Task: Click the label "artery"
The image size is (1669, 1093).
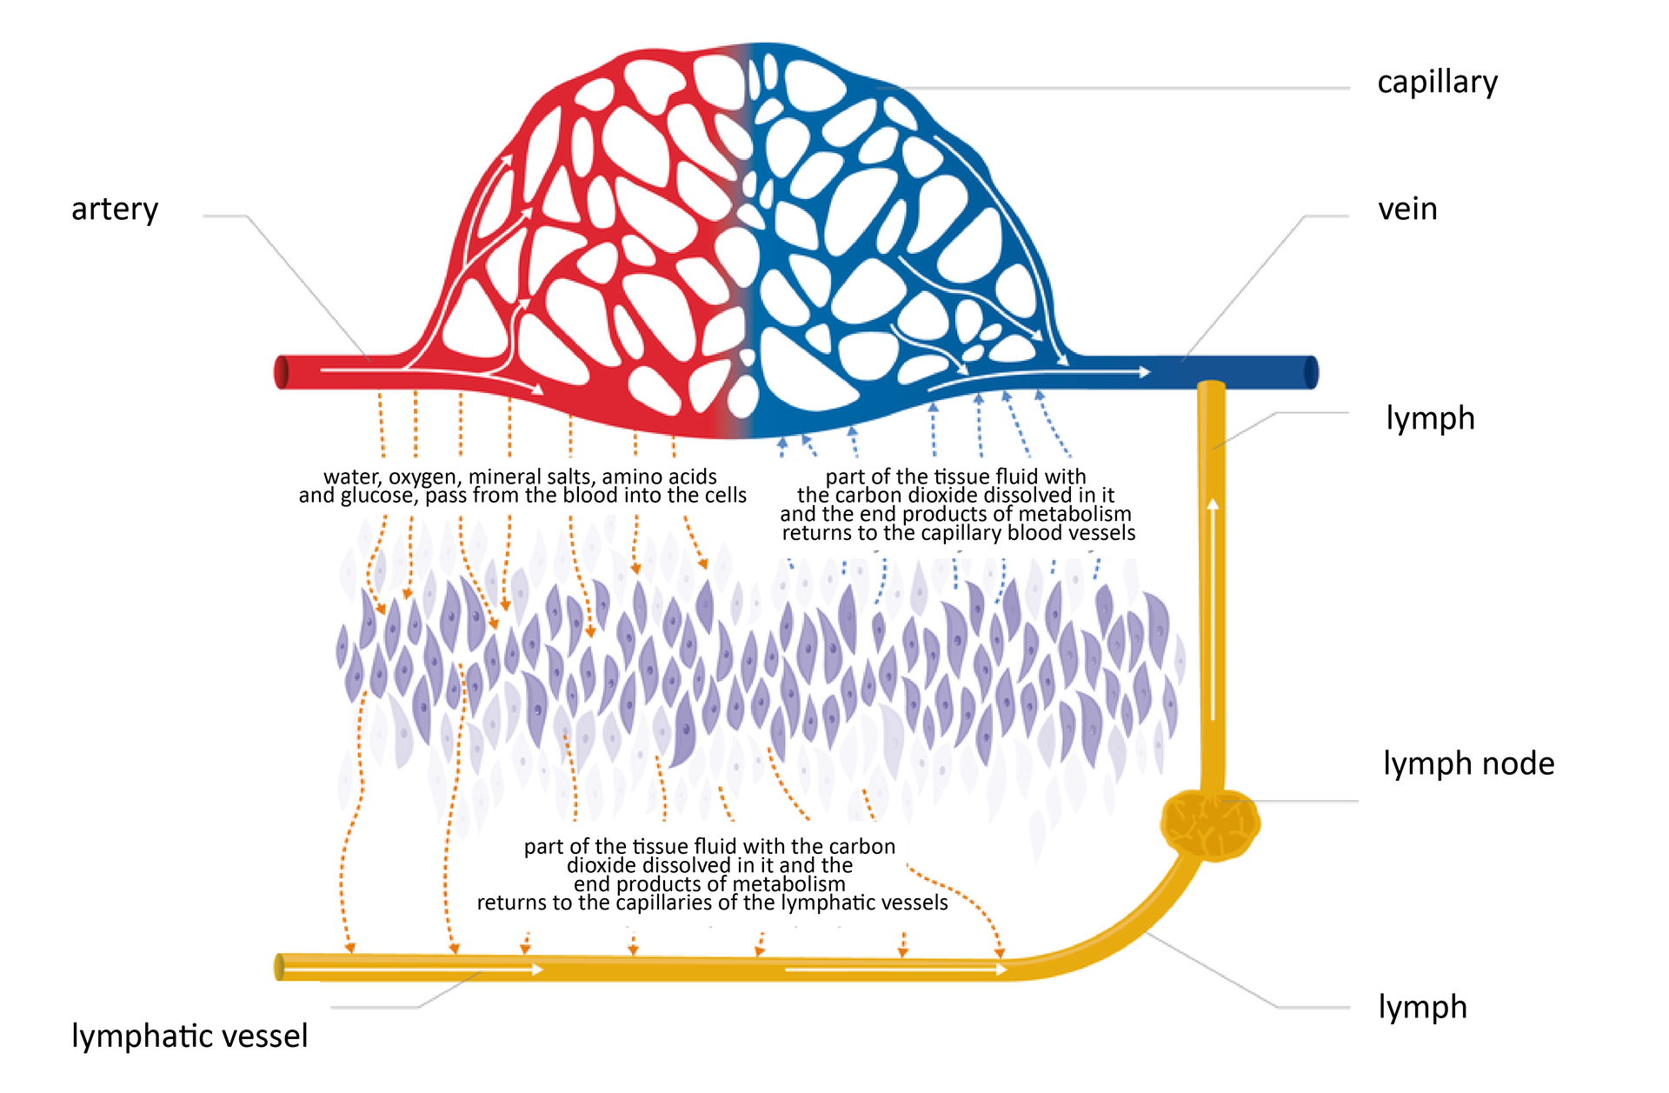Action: pyautogui.click(x=115, y=210)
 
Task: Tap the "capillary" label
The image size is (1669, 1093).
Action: pyautogui.click(x=1437, y=83)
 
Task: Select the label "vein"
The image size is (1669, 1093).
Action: pyautogui.click(x=1407, y=210)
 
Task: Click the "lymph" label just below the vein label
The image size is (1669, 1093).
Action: pyautogui.click(x=1430, y=418)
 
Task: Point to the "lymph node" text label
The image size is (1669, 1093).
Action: pyautogui.click(x=1468, y=763)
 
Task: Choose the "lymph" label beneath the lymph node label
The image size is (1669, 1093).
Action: pyautogui.click(x=1422, y=1007)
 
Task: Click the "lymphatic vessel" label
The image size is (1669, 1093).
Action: pyautogui.click(x=190, y=1036)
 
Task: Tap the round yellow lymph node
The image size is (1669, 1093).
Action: pyautogui.click(x=1210, y=824)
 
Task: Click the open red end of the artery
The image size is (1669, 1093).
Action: pyautogui.click(x=282, y=372)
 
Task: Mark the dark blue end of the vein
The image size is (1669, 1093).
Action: pyautogui.click(x=1311, y=372)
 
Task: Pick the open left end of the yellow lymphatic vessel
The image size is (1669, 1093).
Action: pyautogui.click(x=280, y=967)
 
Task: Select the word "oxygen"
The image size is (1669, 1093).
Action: pyautogui.click(x=424, y=477)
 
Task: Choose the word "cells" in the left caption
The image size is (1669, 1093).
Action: pyautogui.click(x=722, y=496)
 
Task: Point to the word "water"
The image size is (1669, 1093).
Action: pyautogui.click(x=351, y=477)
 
